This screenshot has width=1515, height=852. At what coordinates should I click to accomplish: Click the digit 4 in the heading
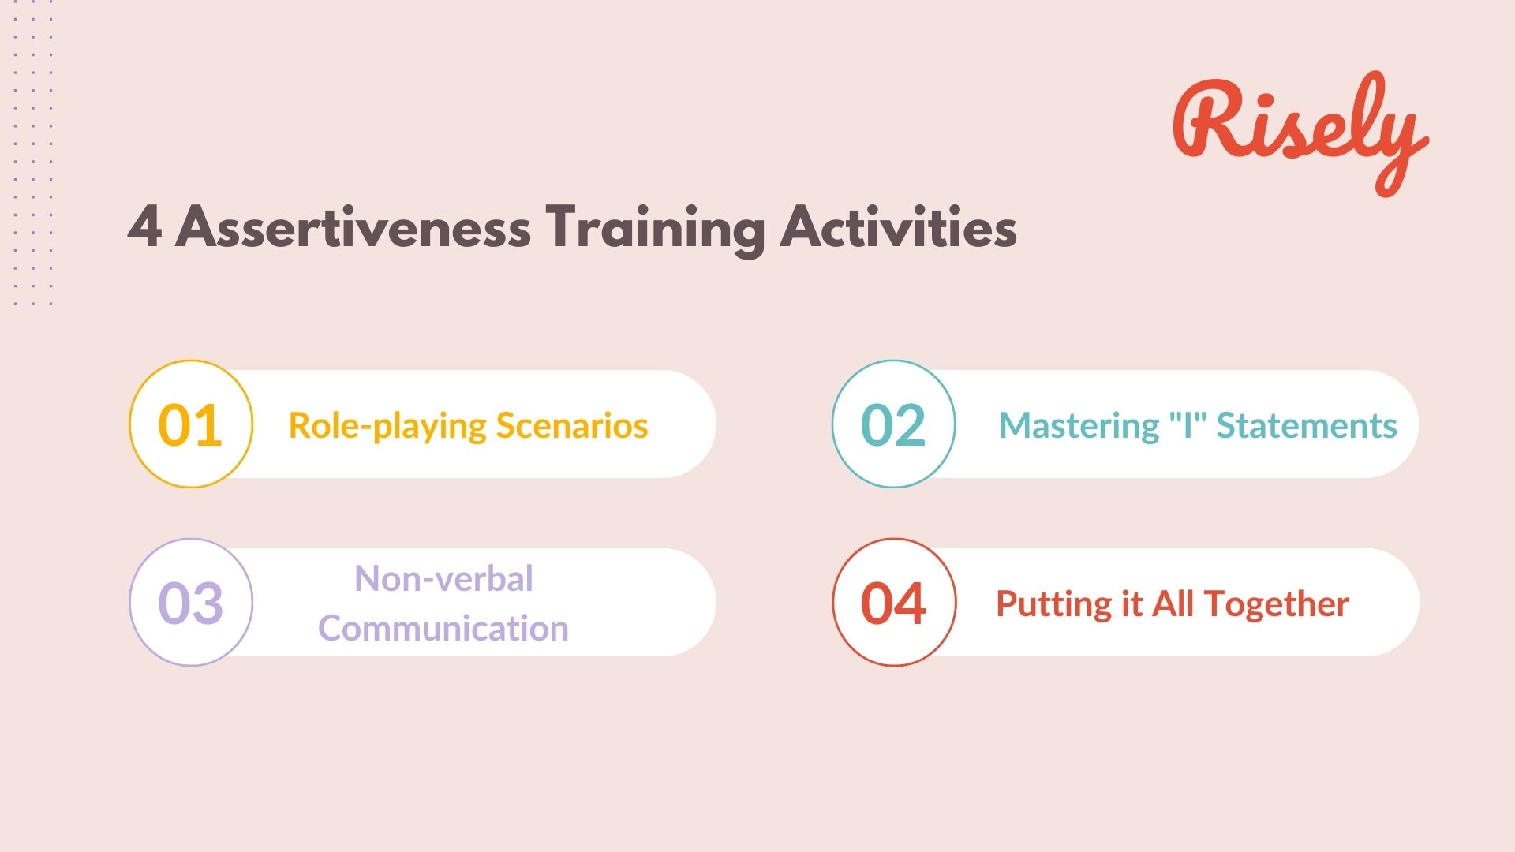[145, 227]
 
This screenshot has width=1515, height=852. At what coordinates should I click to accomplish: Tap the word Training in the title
[655, 229]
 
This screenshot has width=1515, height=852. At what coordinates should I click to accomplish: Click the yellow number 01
[190, 425]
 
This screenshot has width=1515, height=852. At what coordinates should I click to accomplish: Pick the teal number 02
[892, 425]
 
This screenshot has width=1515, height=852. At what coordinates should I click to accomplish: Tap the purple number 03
[190, 603]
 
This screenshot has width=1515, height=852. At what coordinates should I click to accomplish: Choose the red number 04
[892, 603]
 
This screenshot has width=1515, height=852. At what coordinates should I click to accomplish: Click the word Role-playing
[387, 427]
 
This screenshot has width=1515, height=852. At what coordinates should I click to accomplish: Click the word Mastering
[1078, 427]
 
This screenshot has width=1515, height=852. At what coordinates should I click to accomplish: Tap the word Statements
[1307, 425]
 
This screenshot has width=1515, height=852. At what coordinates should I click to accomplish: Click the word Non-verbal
[443, 578]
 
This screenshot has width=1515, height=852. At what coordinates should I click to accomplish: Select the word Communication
[443, 629]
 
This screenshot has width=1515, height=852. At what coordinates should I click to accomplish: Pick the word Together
[1276, 605]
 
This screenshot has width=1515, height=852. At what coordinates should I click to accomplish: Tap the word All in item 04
[1173, 603]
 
